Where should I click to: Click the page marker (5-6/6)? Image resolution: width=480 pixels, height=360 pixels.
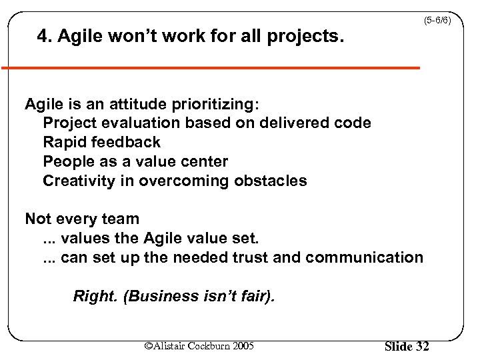(x=437, y=21)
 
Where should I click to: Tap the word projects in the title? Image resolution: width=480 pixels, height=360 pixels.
(x=305, y=38)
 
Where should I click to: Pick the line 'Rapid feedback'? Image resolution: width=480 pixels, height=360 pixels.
(x=101, y=142)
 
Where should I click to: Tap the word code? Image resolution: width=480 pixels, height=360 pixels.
(x=353, y=123)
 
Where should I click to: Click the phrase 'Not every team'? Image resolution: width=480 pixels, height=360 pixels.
(x=82, y=219)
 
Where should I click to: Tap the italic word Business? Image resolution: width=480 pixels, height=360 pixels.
(x=159, y=296)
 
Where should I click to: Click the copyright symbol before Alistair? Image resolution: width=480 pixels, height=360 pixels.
(x=149, y=345)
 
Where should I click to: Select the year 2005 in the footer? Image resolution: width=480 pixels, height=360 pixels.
(x=241, y=345)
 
